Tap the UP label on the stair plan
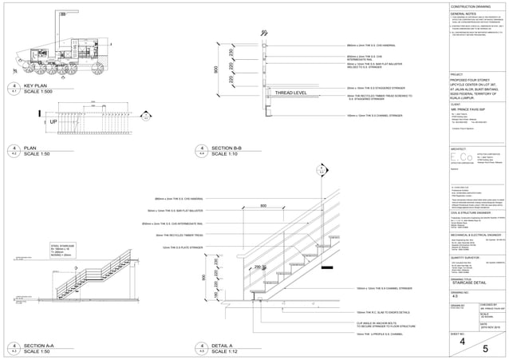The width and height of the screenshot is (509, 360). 31,123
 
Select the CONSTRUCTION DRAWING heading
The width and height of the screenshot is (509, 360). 472,6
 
